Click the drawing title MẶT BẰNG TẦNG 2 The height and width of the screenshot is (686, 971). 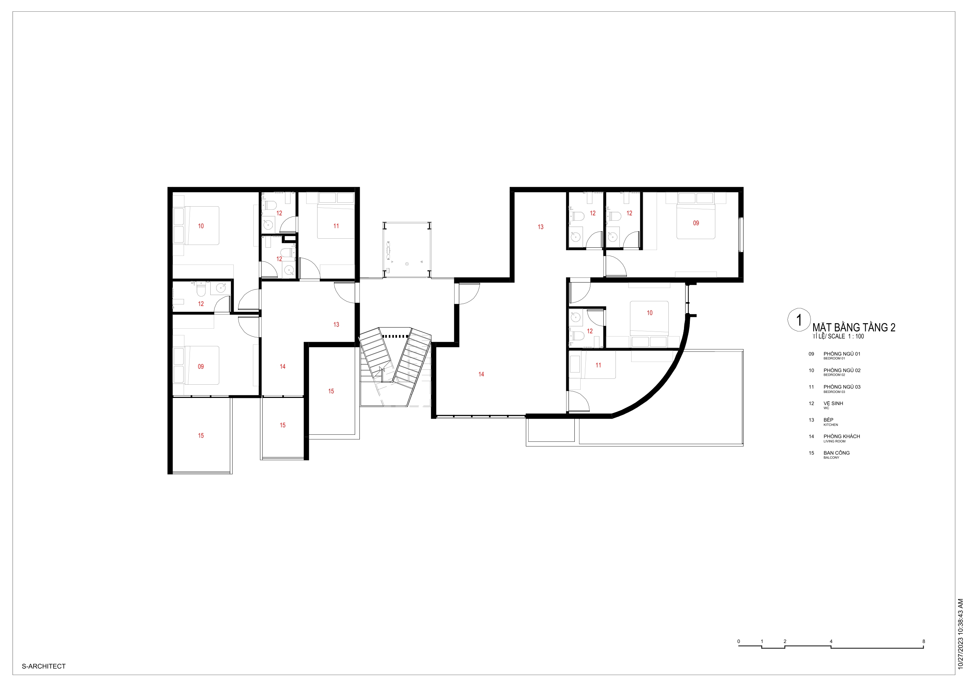click(x=854, y=327)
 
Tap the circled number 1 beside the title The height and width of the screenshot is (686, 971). click(x=799, y=320)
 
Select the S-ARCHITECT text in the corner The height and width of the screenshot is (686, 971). click(x=44, y=666)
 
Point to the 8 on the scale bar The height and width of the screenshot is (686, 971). click(x=924, y=641)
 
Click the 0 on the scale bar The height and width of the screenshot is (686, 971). click(x=739, y=641)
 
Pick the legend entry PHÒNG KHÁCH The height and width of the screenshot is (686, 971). click(x=841, y=436)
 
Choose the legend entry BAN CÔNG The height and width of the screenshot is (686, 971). click(x=837, y=453)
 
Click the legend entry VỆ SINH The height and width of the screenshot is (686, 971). click(x=833, y=403)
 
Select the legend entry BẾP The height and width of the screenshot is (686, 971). click(x=828, y=420)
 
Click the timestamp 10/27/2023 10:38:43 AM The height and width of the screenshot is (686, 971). click(x=960, y=634)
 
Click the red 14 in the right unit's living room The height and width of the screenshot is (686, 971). click(x=481, y=374)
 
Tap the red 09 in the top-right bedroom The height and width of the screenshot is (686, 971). click(x=696, y=223)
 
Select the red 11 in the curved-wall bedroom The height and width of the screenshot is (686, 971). click(x=598, y=365)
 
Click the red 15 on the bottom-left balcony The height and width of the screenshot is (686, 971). click(x=201, y=436)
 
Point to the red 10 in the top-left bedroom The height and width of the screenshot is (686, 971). click(x=201, y=226)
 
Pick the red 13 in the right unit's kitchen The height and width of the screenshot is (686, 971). click(x=540, y=227)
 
